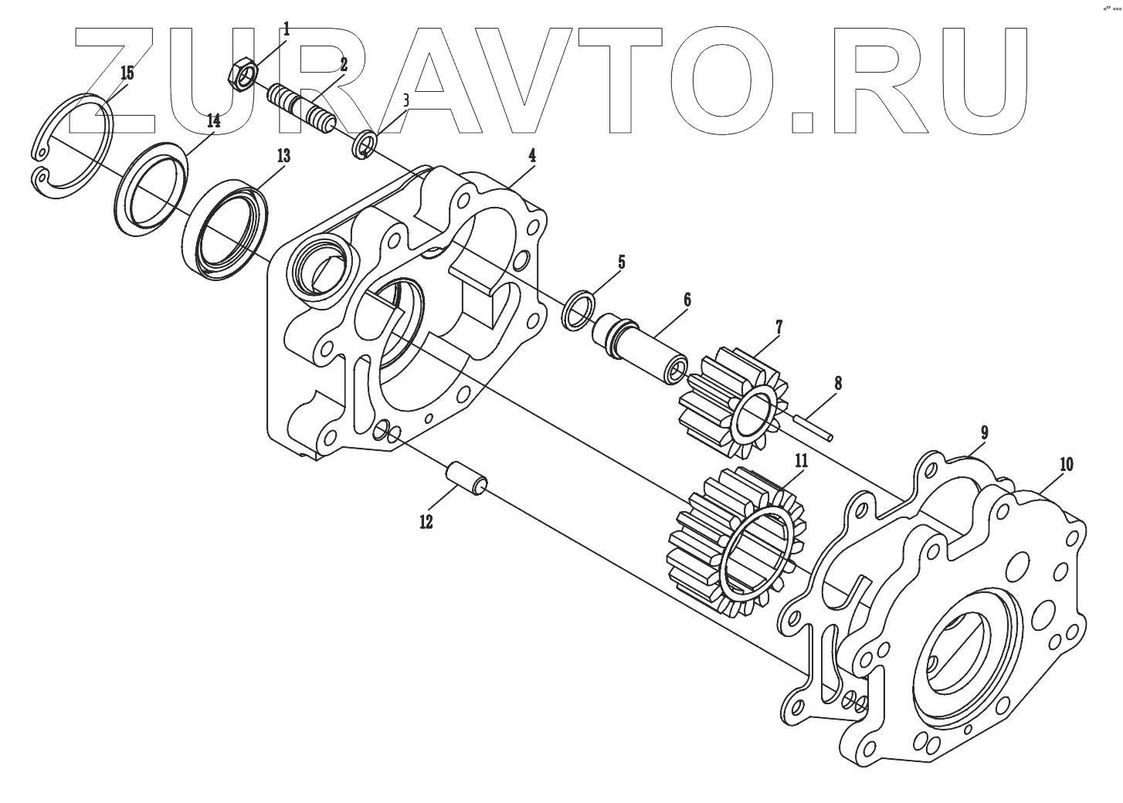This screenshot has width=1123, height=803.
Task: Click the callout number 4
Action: point(532,155)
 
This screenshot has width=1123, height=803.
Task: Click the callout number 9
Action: point(985,432)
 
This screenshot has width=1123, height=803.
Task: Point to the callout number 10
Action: point(1066,465)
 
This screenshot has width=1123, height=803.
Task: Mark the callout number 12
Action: point(426,522)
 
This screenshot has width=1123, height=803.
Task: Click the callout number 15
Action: point(127,73)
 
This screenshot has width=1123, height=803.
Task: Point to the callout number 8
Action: point(837,383)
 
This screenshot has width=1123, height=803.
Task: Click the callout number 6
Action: point(687,300)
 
